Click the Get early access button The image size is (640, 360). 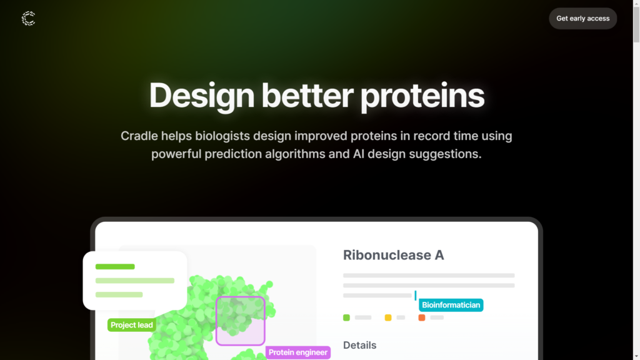click(582, 18)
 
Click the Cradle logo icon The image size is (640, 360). click(29, 18)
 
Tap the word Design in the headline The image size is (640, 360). click(202, 96)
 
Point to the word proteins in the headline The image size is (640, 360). click(422, 96)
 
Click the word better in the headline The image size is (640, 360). click(307, 95)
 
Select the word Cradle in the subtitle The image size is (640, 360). click(139, 136)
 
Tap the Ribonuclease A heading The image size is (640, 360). click(394, 255)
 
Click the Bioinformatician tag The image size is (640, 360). click(451, 305)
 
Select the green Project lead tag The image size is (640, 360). click(131, 325)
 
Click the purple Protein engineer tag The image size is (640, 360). click(298, 352)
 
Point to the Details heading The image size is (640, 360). click(359, 345)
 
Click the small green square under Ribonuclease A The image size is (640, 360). click(346, 317)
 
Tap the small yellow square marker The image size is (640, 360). click(388, 317)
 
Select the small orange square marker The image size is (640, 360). click(422, 317)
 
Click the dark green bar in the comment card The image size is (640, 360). click(115, 266)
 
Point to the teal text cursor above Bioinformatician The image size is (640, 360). click(416, 295)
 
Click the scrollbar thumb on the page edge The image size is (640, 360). click(636, 24)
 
